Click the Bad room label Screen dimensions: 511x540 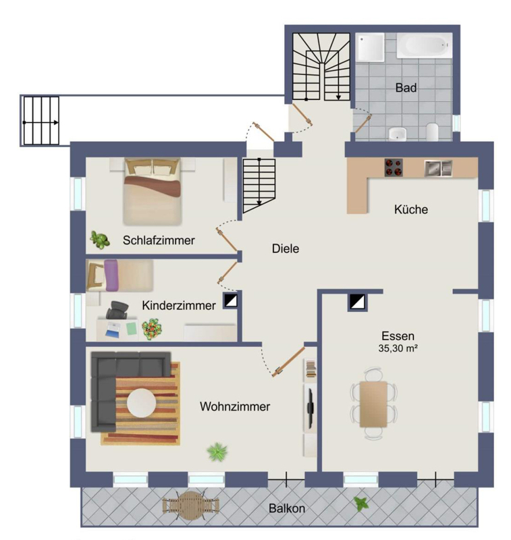coord(406,88)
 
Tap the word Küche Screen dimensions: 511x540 coord(411,209)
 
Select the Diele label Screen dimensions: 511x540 coord(286,248)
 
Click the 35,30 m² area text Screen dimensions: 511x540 coord(398,348)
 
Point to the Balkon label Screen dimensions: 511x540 coord(287,508)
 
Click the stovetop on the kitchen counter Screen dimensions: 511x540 coord(394,167)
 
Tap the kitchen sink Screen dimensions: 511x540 coord(438,168)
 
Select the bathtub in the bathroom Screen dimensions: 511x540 coord(424,45)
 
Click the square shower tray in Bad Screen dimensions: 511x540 coord(370,47)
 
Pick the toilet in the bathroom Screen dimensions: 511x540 coord(432,132)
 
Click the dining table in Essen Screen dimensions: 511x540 coord(373,404)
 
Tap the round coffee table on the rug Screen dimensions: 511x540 coord(141,403)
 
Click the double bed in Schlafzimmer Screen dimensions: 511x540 coord(153,192)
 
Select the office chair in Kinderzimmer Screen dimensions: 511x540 coord(117,310)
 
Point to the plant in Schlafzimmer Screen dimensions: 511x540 coord(99,240)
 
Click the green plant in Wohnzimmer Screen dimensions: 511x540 coord(217,452)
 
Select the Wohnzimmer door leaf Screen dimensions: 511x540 coord(288,362)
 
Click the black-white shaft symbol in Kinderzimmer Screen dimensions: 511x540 coord(230,300)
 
